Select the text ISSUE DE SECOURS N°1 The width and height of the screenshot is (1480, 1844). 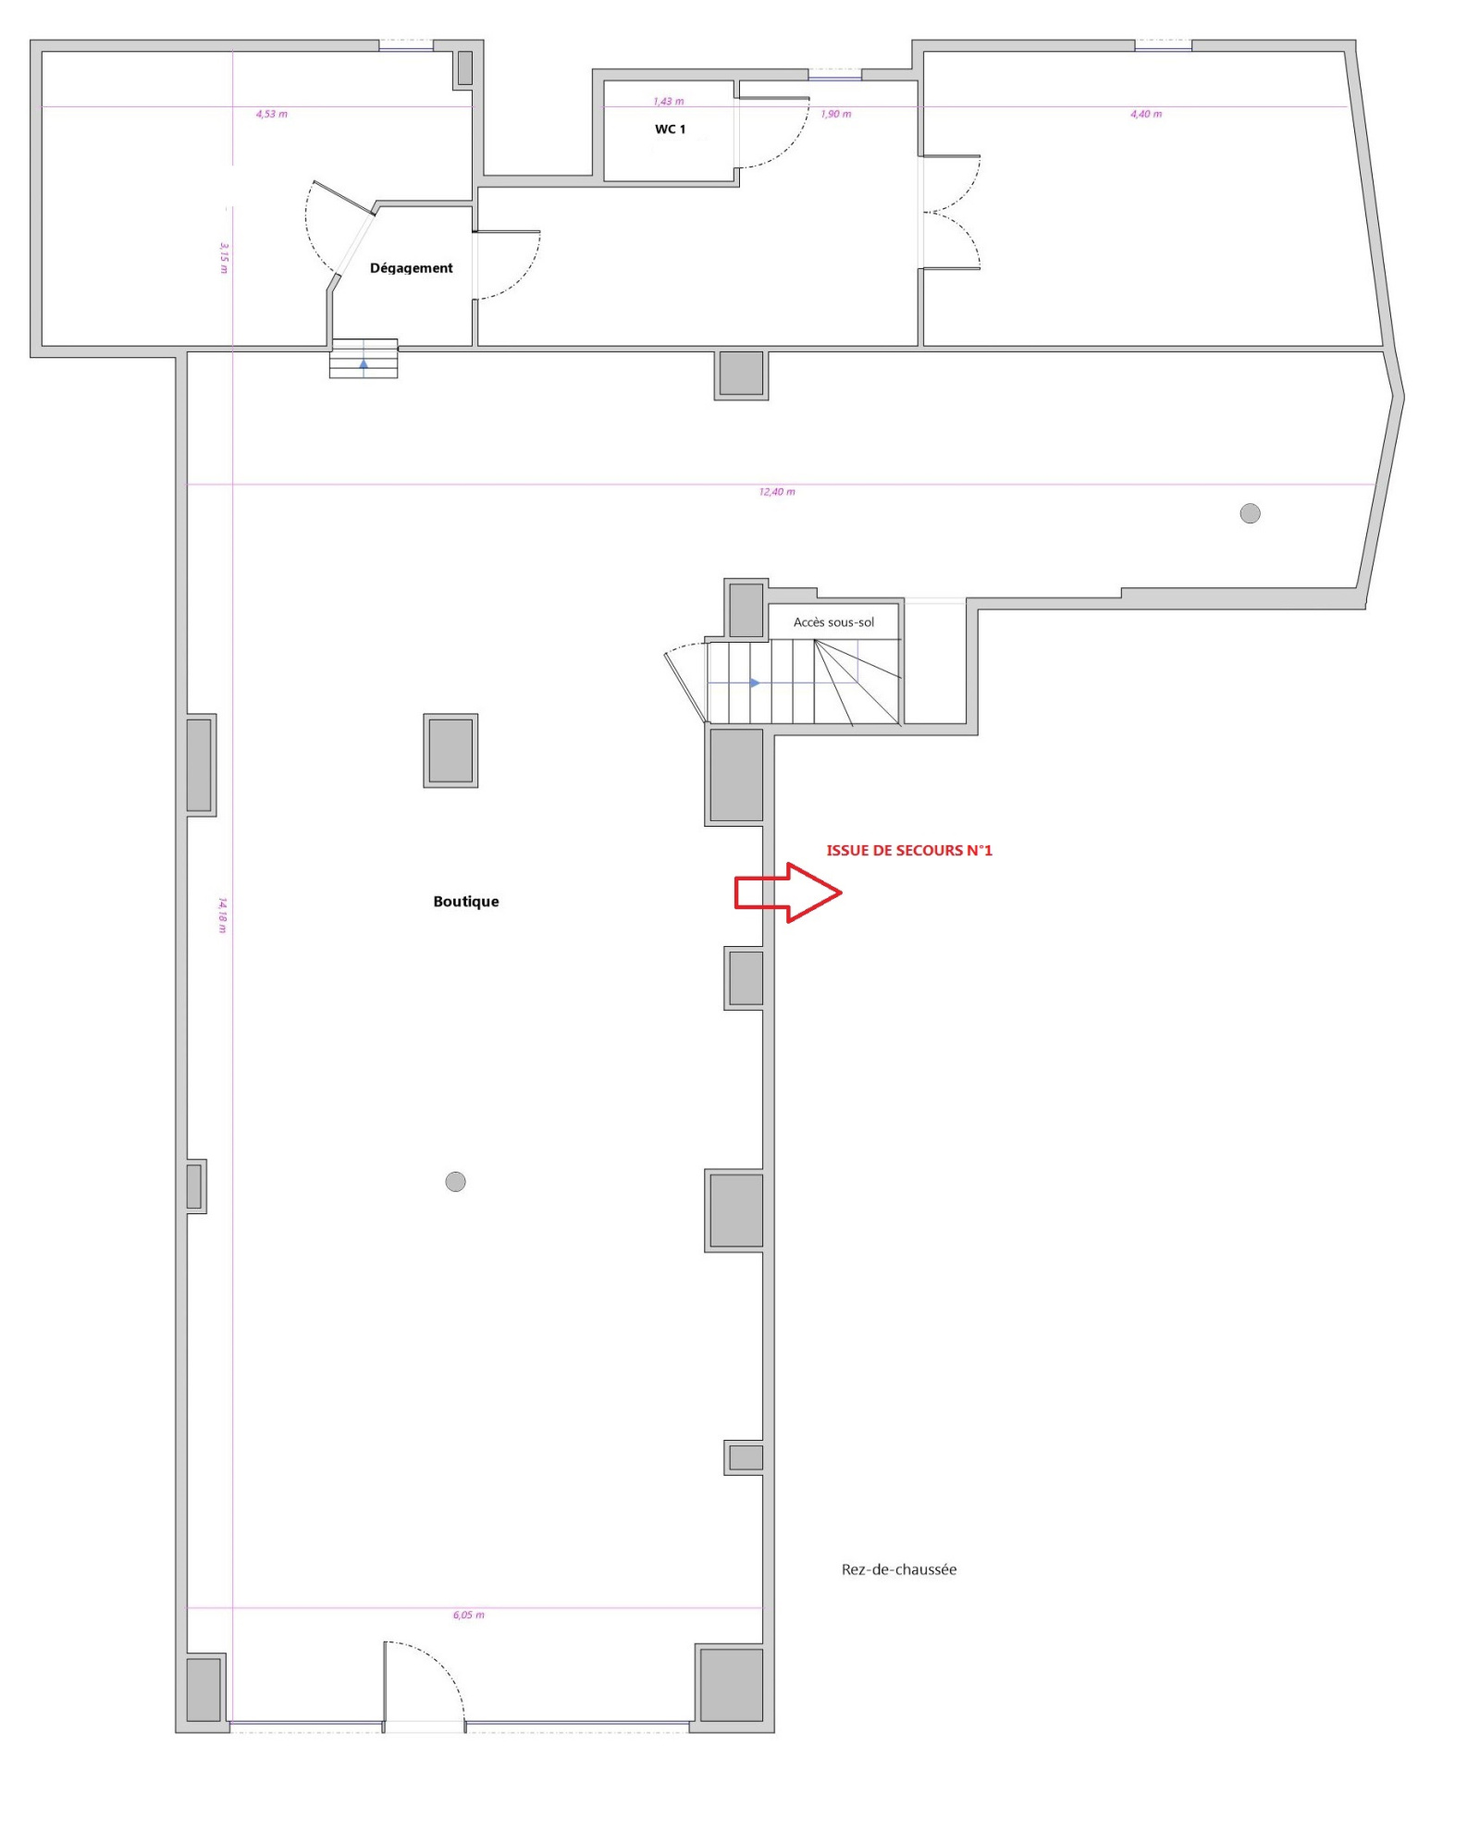pos(909,851)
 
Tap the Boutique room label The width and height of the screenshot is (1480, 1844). pos(466,902)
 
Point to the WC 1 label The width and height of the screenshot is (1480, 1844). pos(671,129)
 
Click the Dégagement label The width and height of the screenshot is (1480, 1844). pos(412,268)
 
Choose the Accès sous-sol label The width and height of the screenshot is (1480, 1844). pos(833,622)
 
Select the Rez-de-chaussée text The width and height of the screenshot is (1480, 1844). pos(899,1569)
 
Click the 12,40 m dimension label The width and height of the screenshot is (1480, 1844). pos(777,492)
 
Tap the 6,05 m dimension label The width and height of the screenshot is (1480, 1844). pos(469,1615)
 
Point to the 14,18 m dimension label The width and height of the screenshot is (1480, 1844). pos(223,915)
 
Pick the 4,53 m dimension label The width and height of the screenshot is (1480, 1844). pos(272,115)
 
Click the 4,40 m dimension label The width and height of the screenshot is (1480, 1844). pos(1146,115)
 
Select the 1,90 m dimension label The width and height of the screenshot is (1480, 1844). pos(836,115)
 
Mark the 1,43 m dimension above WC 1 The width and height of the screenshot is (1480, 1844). pos(669,102)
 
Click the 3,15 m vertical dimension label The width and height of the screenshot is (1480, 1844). pos(224,258)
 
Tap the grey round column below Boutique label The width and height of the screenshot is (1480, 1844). pos(456,1181)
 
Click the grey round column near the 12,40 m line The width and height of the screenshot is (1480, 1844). pos(1250,513)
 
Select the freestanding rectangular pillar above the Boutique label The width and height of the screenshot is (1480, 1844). pos(450,750)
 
